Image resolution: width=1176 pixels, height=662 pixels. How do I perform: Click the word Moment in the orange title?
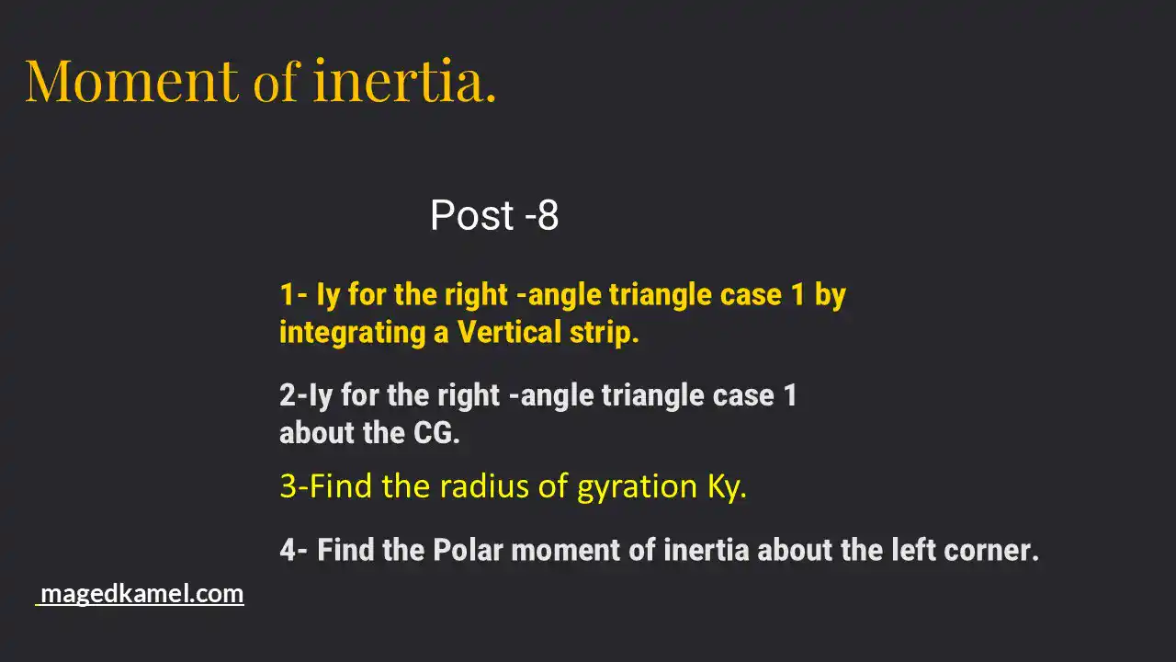pyautogui.click(x=131, y=81)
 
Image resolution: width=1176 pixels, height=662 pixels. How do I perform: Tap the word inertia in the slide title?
pyautogui.click(x=403, y=81)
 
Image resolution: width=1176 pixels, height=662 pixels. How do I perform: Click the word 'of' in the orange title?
pyautogui.click(x=276, y=81)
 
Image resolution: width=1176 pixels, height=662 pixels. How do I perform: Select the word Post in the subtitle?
pyautogui.click(x=471, y=216)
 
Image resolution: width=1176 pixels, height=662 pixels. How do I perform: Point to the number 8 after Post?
pyautogui.click(x=548, y=216)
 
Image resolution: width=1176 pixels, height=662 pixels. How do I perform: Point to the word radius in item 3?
pyautogui.click(x=481, y=485)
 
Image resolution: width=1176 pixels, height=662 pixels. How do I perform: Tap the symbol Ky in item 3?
pyautogui.click(x=725, y=486)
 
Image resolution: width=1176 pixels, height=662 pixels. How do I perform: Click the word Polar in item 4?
pyautogui.click(x=469, y=550)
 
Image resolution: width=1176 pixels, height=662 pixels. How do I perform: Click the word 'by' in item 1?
pyautogui.click(x=830, y=296)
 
